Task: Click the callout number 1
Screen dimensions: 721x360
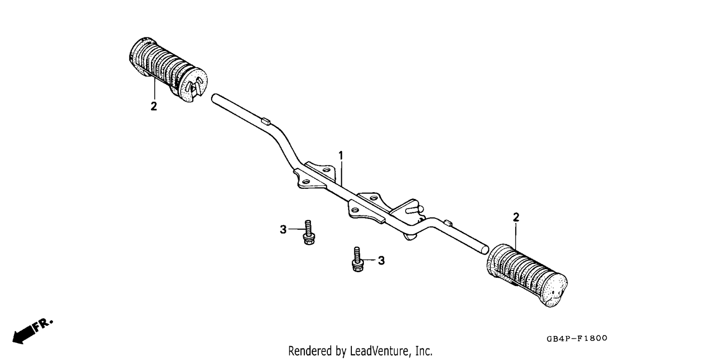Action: (x=341, y=156)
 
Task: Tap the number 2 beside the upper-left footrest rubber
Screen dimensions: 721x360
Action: (x=154, y=106)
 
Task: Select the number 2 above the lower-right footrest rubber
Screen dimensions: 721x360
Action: (x=516, y=217)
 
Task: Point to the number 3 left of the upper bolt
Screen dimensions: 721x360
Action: (x=283, y=230)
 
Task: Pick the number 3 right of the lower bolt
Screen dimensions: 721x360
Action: (x=381, y=261)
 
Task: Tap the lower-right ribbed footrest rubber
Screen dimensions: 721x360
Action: (x=527, y=275)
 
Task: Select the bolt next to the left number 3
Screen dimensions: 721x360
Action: (x=309, y=233)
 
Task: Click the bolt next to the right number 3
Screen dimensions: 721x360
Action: (x=357, y=259)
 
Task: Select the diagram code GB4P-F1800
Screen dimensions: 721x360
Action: (x=577, y=338)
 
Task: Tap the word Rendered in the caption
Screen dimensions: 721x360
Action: (x=310, y=351)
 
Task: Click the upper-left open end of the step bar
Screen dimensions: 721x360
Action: (x=214, y=98)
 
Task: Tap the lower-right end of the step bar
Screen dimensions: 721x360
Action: (x=485, y=249)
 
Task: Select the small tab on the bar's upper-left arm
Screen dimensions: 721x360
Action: (x=266, y=121)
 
